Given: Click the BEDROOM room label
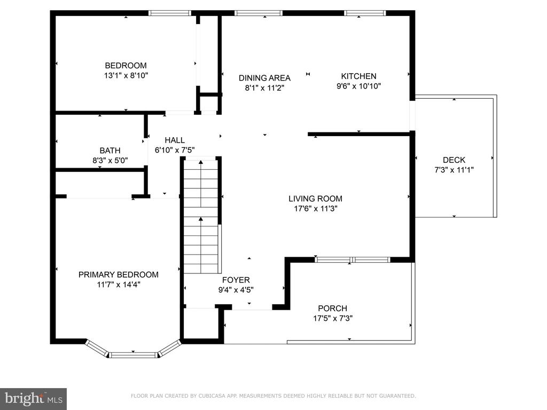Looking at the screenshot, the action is (126, 66).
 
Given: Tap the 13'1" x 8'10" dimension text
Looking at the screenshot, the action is (126, 75).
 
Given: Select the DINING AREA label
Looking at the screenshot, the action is (264, 78).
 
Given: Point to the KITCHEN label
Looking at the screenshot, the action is (358, 76).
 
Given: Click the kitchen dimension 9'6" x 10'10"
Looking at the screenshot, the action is (358, 86).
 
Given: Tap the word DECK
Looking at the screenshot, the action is (454, 160).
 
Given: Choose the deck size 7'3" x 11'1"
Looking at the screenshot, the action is (454, 170).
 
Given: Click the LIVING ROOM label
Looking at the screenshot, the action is (315, 199).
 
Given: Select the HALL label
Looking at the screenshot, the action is (175, 140).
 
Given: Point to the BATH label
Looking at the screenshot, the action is (110, 151).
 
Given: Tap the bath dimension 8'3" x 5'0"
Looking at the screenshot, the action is (110, 160).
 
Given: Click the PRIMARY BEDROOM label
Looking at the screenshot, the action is (118, 275).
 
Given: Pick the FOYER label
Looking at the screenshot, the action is (236, 280).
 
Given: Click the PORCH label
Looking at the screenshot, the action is (332, 309).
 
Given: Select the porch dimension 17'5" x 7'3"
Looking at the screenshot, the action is (333, 318).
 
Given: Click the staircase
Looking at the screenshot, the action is (201, 216).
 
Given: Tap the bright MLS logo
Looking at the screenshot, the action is (33, 399).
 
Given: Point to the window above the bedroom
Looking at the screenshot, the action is (169, 13).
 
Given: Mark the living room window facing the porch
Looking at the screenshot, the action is (353, 259).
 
